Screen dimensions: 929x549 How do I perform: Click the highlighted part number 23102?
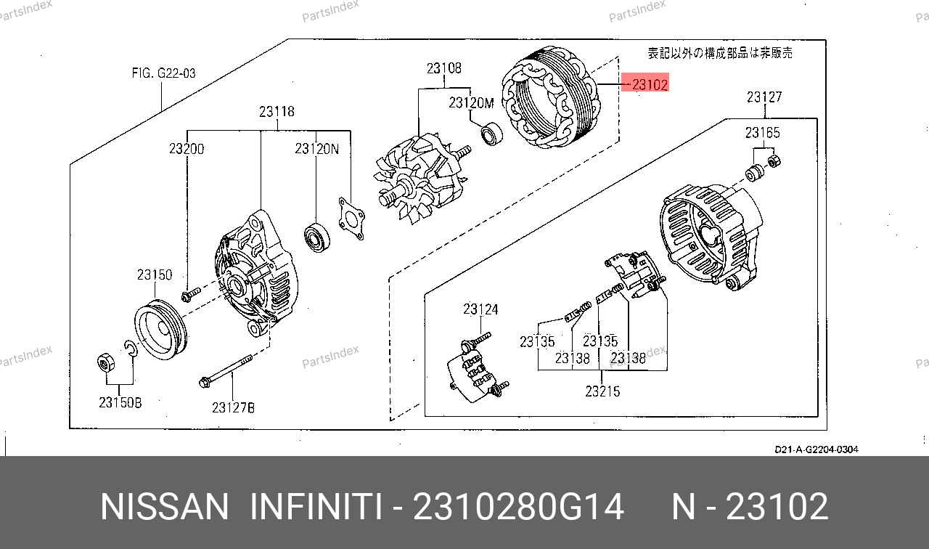pos(650,85)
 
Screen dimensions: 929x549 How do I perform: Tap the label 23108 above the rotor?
pos(443,68)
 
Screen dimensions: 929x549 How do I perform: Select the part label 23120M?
pos(471,102)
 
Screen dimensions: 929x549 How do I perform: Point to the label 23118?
pos(277,111)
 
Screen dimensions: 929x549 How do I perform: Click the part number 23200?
pos(187,149)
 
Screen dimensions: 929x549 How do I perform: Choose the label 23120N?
pos(316,149)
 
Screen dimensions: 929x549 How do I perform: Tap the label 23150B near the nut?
pos(120,402)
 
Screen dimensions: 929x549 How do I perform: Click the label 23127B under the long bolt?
pos(233,408)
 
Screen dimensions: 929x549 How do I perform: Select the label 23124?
pos(480,309)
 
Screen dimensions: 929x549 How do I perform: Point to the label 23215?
pos(602,391)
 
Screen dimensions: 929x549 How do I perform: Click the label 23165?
pos(762,133)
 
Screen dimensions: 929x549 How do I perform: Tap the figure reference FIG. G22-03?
pos(163,73)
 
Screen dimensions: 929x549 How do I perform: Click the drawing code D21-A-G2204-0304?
pos(817,450)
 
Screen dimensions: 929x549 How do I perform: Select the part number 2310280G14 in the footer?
pos(518,506)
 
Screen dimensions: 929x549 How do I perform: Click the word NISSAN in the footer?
pos(164,506)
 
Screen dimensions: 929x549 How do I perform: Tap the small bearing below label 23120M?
pos(491,133)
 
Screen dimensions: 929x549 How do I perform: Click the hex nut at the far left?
pos(106,364)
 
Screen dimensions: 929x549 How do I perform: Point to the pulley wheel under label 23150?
pos(160,330)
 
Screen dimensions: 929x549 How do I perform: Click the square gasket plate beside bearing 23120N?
pos(352,219)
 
